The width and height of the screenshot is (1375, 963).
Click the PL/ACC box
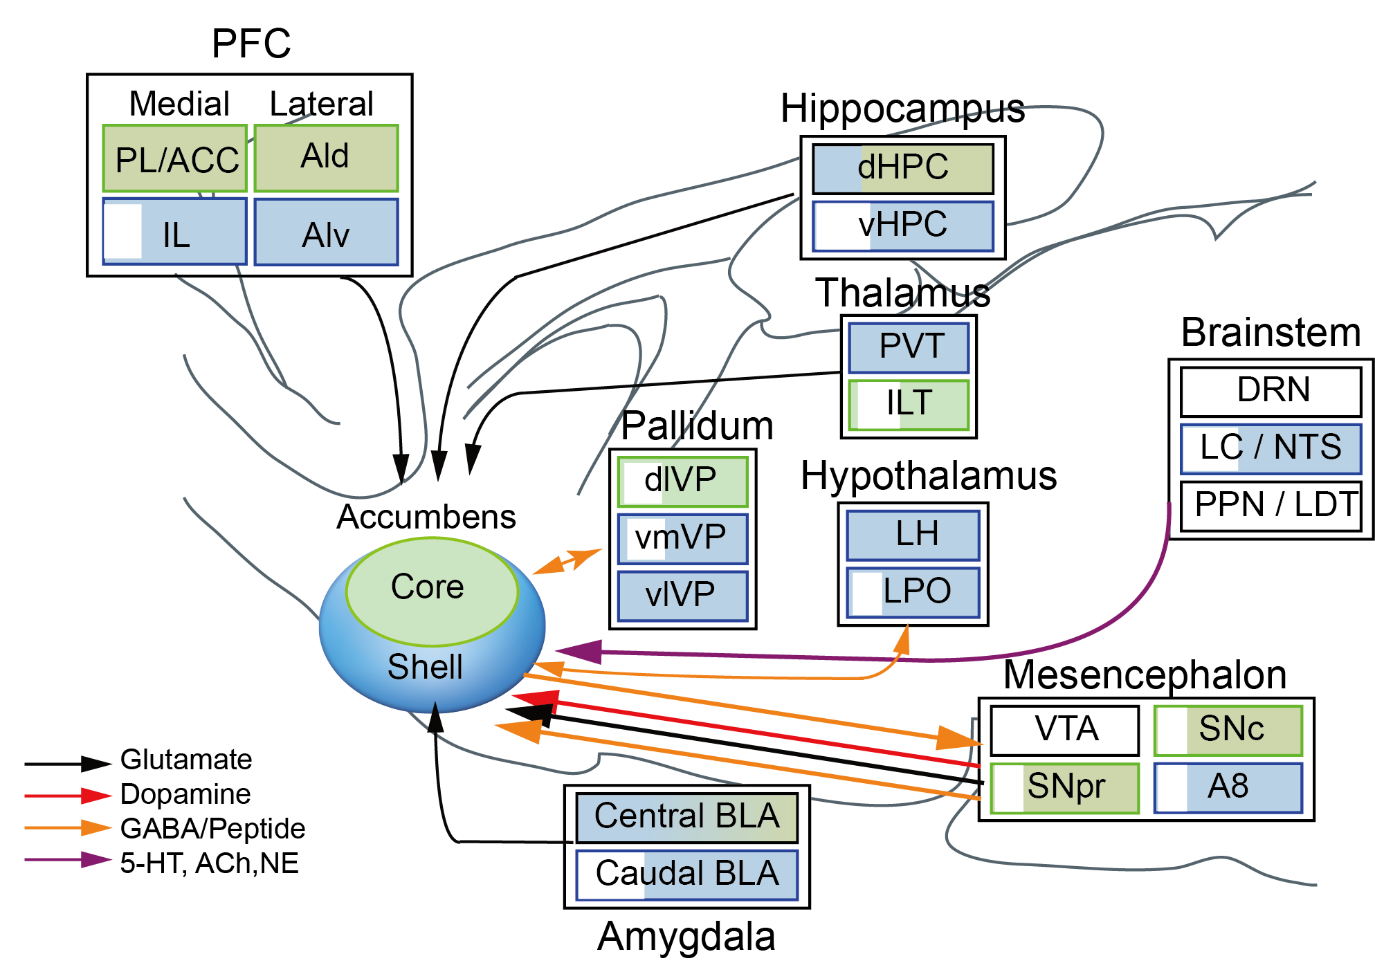pyautogui.click(x=175, y=159)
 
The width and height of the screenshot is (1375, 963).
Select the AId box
pyautogui.click(x=326, y=158)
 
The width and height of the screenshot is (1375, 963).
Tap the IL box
pyautogui.click(x=175, y=232)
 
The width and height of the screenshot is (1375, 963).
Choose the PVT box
pyautogui.click(x=909, y=347)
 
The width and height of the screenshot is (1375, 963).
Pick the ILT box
pyautogui.click(x=909, y=404)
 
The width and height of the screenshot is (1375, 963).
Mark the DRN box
pyautogui.click(x=1271, y=391)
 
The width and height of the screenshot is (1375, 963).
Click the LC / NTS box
pyautogui.click(x=1271, y=448)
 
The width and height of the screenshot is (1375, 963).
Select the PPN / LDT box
pyautogui.click(x=1271, y=506)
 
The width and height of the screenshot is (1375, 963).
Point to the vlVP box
pyautogui.click(x=682, y=596)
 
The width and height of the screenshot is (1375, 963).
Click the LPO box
pyautogui.click(x=913, y=592)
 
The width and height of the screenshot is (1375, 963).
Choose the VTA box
pyautogui.click(x=1064, y=730)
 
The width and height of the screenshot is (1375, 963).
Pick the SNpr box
pyautogui.click(x=1064, y=787)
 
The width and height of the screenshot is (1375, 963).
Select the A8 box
pyautogui.click(x=1228, y=787)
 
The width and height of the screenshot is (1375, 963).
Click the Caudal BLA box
pyautogui.click(x=686, y=874)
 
